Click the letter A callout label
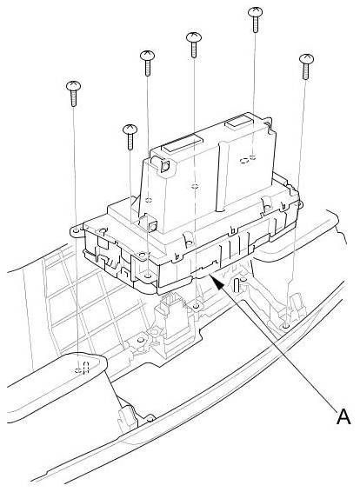[343, 417]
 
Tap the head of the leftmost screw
[73, 86]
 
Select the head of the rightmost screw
[306, 59]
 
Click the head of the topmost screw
[255, 12]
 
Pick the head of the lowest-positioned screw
[130, 129]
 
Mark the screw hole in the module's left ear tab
[76, 231]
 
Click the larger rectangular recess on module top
[183, 143]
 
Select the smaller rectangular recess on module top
[239, 121]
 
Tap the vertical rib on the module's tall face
[223, 176]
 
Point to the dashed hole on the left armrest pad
[82, 369]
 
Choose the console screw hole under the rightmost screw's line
[285, 326]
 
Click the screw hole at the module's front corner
[148, 276]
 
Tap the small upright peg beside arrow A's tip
[237, 284]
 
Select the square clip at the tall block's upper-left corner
[164, 166]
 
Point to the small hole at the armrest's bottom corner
[150, 419]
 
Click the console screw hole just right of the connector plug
[196, 306]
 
